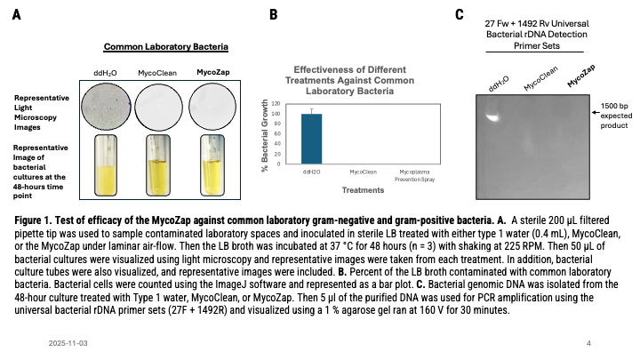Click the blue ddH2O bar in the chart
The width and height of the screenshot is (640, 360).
pyautogui.click(x=311, y=139)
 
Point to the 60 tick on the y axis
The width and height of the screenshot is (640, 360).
pyautogui.click(x=277, y=134)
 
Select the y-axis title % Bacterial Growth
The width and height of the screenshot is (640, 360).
pyautogui.click(x=265, y=135)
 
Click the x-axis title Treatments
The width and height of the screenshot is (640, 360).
pyautogui.click(x=363, y=190)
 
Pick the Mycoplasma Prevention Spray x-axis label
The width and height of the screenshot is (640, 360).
pyautogui.click(x=415, y=175)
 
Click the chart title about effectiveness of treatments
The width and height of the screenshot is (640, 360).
pyautogui.click(x=350, y=80)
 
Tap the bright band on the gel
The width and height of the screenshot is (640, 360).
pyautogui.click(x=492, y=116)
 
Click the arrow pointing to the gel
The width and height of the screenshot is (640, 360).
pyautogui.click(x=596, y=112)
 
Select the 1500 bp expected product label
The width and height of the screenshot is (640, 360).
pyautogui.click(x=616, y=116)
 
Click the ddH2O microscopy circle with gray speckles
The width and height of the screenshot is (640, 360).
pyautogui.click(x=106, y=107)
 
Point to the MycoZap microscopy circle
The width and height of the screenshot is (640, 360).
pyautogui.click(x=212, y=107)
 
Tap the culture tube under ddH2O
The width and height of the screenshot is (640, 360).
pyautogui.click(x=106, y=165)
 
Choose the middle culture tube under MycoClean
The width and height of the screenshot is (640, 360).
pyautogui.click(x=158, y=165)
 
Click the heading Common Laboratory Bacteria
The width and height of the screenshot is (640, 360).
pyautogui.click(x=165, y=47)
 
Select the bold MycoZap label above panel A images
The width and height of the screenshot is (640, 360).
pyautogui.click(x=213, y=72)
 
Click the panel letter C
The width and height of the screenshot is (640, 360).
pyautogui.click(x=460, y=15)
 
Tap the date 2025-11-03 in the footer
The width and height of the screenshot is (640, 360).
pyautogui.click(x=68, y=343)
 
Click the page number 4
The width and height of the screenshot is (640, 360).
pyautogui.click(x=588, y=343)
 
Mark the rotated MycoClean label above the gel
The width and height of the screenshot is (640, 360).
pyautogui.click(x=540, y=78)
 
